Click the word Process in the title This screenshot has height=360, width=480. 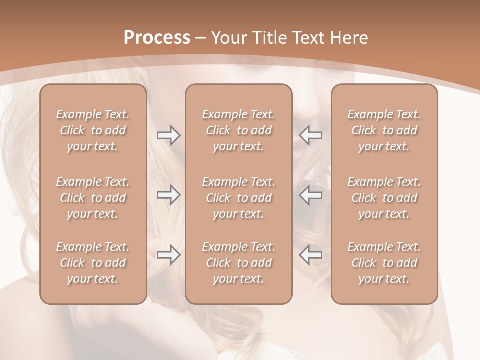click(157, 38)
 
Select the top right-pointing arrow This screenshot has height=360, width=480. click(169, 135)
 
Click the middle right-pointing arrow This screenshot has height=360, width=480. click(169, 195)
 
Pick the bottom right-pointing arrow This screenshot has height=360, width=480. click(169, 255)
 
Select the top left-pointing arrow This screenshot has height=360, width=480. click(310, 135)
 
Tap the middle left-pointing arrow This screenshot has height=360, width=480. click(310, 195)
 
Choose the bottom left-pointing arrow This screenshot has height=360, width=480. click(310, 255)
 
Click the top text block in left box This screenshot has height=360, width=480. click(93, 130)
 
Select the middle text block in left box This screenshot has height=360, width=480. click(93, 198)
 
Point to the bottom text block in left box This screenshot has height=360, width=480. click(93, 263)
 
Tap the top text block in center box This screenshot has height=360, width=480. click(239, 130)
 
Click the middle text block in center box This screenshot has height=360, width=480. click(239, 198)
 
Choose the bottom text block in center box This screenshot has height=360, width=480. click(239, 263)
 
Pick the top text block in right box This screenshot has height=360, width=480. click(384, 130)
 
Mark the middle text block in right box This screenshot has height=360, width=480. click(384, 198)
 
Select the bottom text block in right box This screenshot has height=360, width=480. click(384, 263)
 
